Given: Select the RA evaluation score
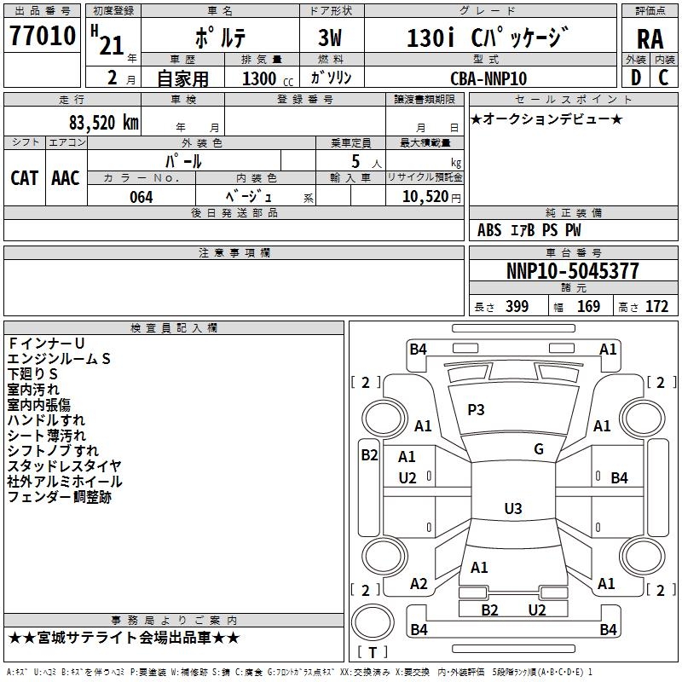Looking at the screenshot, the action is pyautogui.click(x=650, y=38).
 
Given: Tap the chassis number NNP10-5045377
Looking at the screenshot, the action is pyautogui.click(x=572, y=272).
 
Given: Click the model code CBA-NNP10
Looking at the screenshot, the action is pyautogui.click(x=488, y=78).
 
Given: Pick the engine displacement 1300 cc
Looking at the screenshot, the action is pyautogui.click(x=260, y=78).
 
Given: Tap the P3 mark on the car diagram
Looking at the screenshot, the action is pyautogui.click(x=476, y=410).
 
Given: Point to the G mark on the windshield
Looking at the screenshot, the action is pyautogui.click(x=539, y=449).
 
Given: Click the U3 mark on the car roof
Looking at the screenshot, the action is pyautogui.click(x=512, y=509).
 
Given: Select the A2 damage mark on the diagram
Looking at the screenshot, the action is pyautogui.click(x=419, y=584).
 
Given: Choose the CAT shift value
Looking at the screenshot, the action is pyautogui.click(x=24, y=178).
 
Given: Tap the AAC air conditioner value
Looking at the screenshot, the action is pyautogui.click(x=66, y=178).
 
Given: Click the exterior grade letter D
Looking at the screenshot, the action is pyautogui.click(x=635, y=78).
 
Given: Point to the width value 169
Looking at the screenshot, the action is pyautogui.click(x=588, y=307).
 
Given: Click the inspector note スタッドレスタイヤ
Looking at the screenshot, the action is pyautogui.click(x=65, y=466).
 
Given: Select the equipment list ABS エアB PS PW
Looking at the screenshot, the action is pyautogui.click(x=529, y=230).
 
